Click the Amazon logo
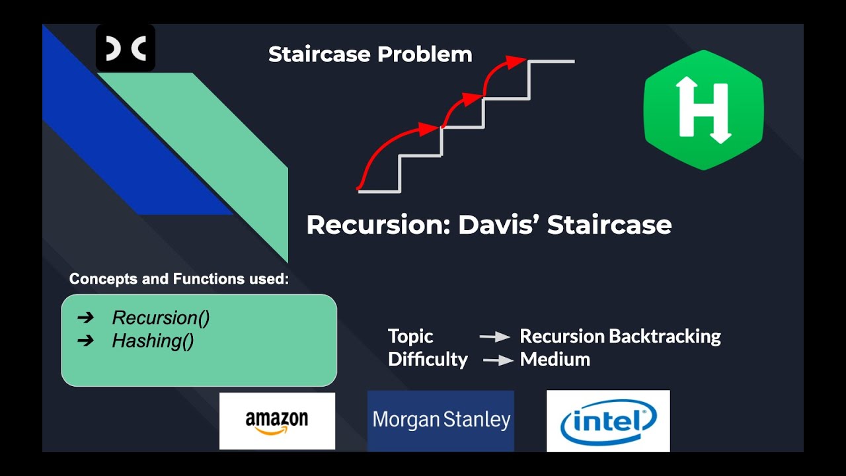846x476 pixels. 277,421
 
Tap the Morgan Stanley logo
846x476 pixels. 441,420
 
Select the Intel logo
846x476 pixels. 608,421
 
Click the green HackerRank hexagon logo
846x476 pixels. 703,110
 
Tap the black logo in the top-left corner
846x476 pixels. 126,48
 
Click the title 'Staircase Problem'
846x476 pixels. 370,54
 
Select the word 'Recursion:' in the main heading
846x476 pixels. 379,225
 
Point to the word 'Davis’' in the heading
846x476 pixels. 499,225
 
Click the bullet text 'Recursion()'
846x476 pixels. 161,318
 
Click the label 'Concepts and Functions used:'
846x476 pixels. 179,279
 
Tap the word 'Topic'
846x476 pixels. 410,337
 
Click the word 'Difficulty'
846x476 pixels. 428,360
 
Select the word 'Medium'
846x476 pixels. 555,360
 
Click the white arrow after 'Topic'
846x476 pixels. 494,337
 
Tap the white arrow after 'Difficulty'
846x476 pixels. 498,360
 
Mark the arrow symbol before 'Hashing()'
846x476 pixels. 85,340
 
